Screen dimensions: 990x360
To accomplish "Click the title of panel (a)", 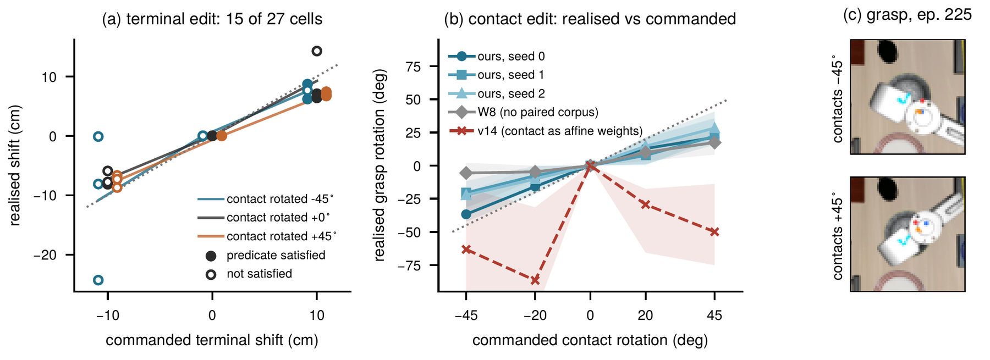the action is [212, 19].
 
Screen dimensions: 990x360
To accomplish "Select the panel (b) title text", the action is [590, 19].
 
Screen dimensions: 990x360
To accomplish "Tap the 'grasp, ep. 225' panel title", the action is [908, 15].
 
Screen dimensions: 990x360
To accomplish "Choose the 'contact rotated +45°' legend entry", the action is [267, 236].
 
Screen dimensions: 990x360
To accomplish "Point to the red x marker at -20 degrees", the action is [535, 280].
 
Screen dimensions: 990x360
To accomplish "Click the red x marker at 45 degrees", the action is [714, 232].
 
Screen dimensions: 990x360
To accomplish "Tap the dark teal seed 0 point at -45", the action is [466, 214].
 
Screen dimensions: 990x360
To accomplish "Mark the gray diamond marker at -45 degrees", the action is [466, 173].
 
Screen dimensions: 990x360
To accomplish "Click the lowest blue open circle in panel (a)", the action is [98, 280].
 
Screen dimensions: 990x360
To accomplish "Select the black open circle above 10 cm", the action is [317, 51].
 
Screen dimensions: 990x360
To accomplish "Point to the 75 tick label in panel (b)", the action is [413, 67].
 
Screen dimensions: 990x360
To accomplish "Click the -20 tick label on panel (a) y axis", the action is [45, 255].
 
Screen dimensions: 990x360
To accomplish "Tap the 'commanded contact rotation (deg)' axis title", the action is [590, 340].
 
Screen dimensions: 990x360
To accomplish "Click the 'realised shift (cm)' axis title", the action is [15, 165].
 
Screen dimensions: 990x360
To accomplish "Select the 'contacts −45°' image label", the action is [838, 98].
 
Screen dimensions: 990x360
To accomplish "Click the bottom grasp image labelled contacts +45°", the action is [908, 234].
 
